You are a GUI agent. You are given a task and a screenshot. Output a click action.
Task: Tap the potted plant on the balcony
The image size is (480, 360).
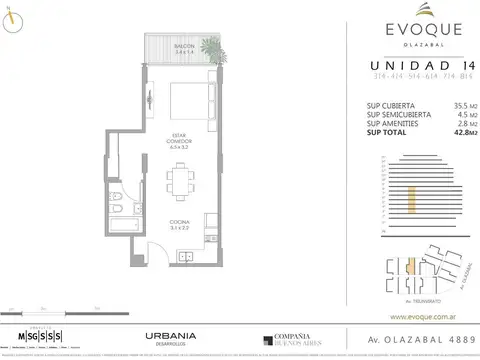point(211,50)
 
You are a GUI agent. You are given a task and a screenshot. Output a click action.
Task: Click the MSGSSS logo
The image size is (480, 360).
point(44,334)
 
